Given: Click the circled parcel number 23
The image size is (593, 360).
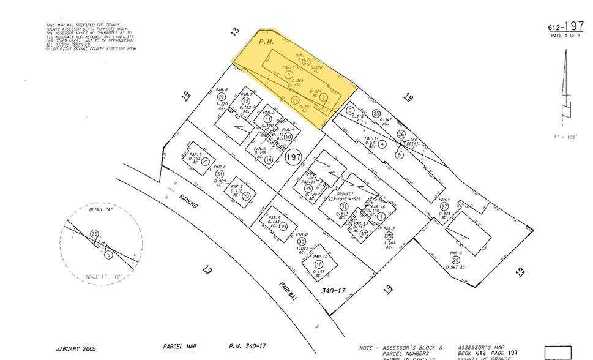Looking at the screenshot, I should coord(306,62).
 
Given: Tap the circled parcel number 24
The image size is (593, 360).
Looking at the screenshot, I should coord(295,100).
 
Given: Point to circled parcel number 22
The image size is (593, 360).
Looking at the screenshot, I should coord(222,97).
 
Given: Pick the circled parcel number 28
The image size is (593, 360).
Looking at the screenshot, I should coord(455,260).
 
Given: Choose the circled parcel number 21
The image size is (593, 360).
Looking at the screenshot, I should coord(205,162).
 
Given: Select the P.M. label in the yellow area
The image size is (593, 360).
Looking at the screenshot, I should coord(266,42).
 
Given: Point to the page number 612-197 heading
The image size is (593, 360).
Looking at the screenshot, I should coord(565,26).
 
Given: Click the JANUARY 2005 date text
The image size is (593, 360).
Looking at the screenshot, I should coord(79,350).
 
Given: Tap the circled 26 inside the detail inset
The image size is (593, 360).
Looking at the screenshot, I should coord(94,233).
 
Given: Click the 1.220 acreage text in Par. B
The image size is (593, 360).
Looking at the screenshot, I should coord(222,105).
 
